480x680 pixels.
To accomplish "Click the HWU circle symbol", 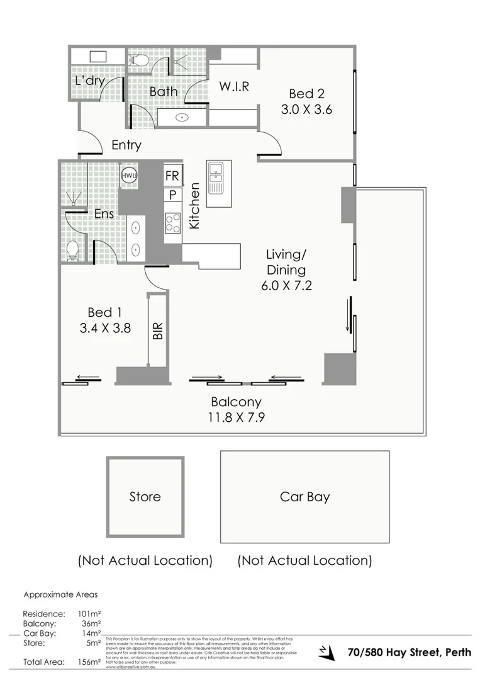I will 128,176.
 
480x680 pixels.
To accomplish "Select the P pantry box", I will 172,195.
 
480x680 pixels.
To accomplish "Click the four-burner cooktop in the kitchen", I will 173,223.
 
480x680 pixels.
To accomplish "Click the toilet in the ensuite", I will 73,250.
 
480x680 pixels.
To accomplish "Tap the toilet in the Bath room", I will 138,60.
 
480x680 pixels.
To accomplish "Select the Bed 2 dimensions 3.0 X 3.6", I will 306,109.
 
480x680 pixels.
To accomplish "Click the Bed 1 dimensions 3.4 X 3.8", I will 105,327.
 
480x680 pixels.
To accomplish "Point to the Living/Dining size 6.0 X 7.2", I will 286,285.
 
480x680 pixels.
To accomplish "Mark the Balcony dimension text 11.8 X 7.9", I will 237,416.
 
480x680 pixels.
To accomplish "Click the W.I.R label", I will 233,86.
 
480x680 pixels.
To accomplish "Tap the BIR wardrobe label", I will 158,331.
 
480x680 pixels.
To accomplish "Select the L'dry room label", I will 88,81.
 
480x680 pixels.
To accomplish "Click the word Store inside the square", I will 145,497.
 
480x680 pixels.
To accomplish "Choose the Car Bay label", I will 304,497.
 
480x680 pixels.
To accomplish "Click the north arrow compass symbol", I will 326,652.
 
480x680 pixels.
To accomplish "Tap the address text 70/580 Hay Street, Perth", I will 410,652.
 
